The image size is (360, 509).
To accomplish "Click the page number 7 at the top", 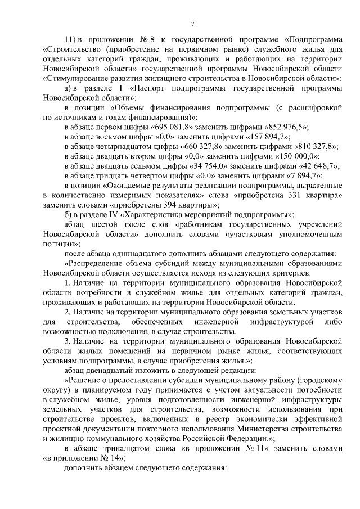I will [x=192, y=24].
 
